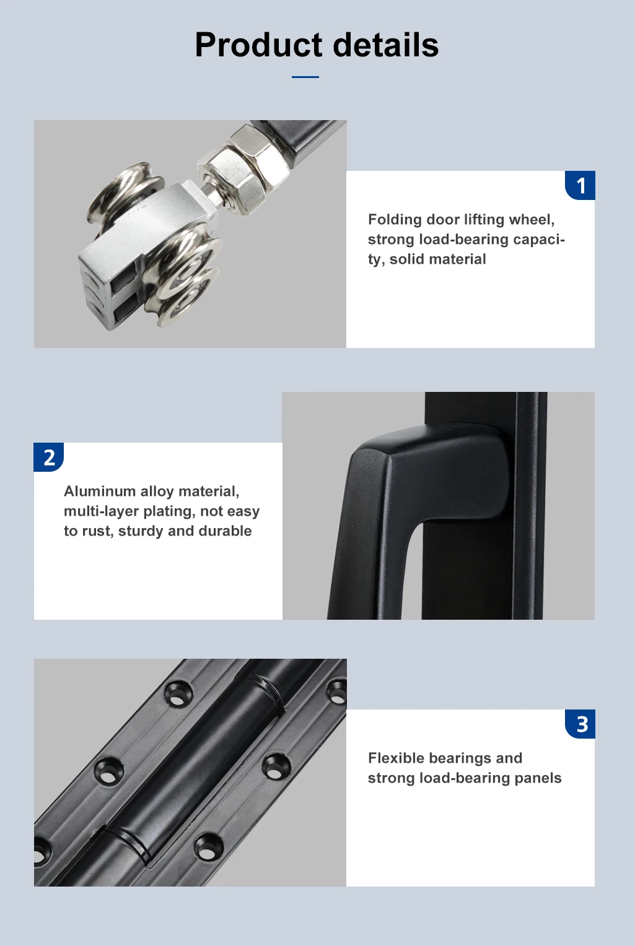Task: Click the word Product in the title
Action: pyautogui.click(x=259, y=45)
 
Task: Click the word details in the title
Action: pyautogui.click(x=386, y=45)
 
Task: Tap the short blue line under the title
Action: pyautogui.click(x=305, y=77)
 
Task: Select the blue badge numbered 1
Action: pyautogui.click(x=580, y=185)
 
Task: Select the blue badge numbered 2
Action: pyautogui.click(x=48, y=458)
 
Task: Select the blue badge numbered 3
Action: pyautogui.click(x=580, y=724)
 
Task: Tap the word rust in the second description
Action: pyautogui.click(x=98, y=531)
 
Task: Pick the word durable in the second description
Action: pyautogui.click(x=225, y=531)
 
